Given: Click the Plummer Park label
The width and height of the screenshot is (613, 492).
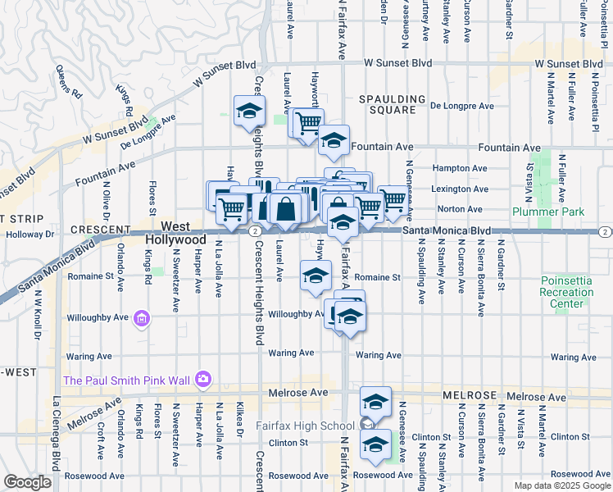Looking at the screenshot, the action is (x=548, y=212).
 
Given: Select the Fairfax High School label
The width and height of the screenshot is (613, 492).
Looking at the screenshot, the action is (x=305, y=425).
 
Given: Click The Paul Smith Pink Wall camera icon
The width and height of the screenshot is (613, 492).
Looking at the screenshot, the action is (x=202, y=380).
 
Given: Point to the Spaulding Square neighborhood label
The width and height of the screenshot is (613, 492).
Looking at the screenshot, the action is (x=392, y=104).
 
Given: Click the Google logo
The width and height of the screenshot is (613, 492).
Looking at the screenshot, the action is (x=27, y=482).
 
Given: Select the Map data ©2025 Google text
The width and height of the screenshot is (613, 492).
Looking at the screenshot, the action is (x=561, y=485).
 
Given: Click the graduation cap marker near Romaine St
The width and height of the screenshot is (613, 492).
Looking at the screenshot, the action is (x=315, y=276).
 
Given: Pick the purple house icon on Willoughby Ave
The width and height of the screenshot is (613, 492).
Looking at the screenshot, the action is (x=141, y=318).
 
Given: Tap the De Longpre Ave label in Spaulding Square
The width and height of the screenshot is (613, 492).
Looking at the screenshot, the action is (x=462, y=106).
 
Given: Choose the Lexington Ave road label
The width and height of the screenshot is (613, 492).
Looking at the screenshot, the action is (x=460, y=189).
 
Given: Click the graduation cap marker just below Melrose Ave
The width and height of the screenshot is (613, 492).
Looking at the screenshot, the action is (x=375, y=400).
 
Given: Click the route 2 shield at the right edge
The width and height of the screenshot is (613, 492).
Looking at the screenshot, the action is (x=603, y=232).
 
